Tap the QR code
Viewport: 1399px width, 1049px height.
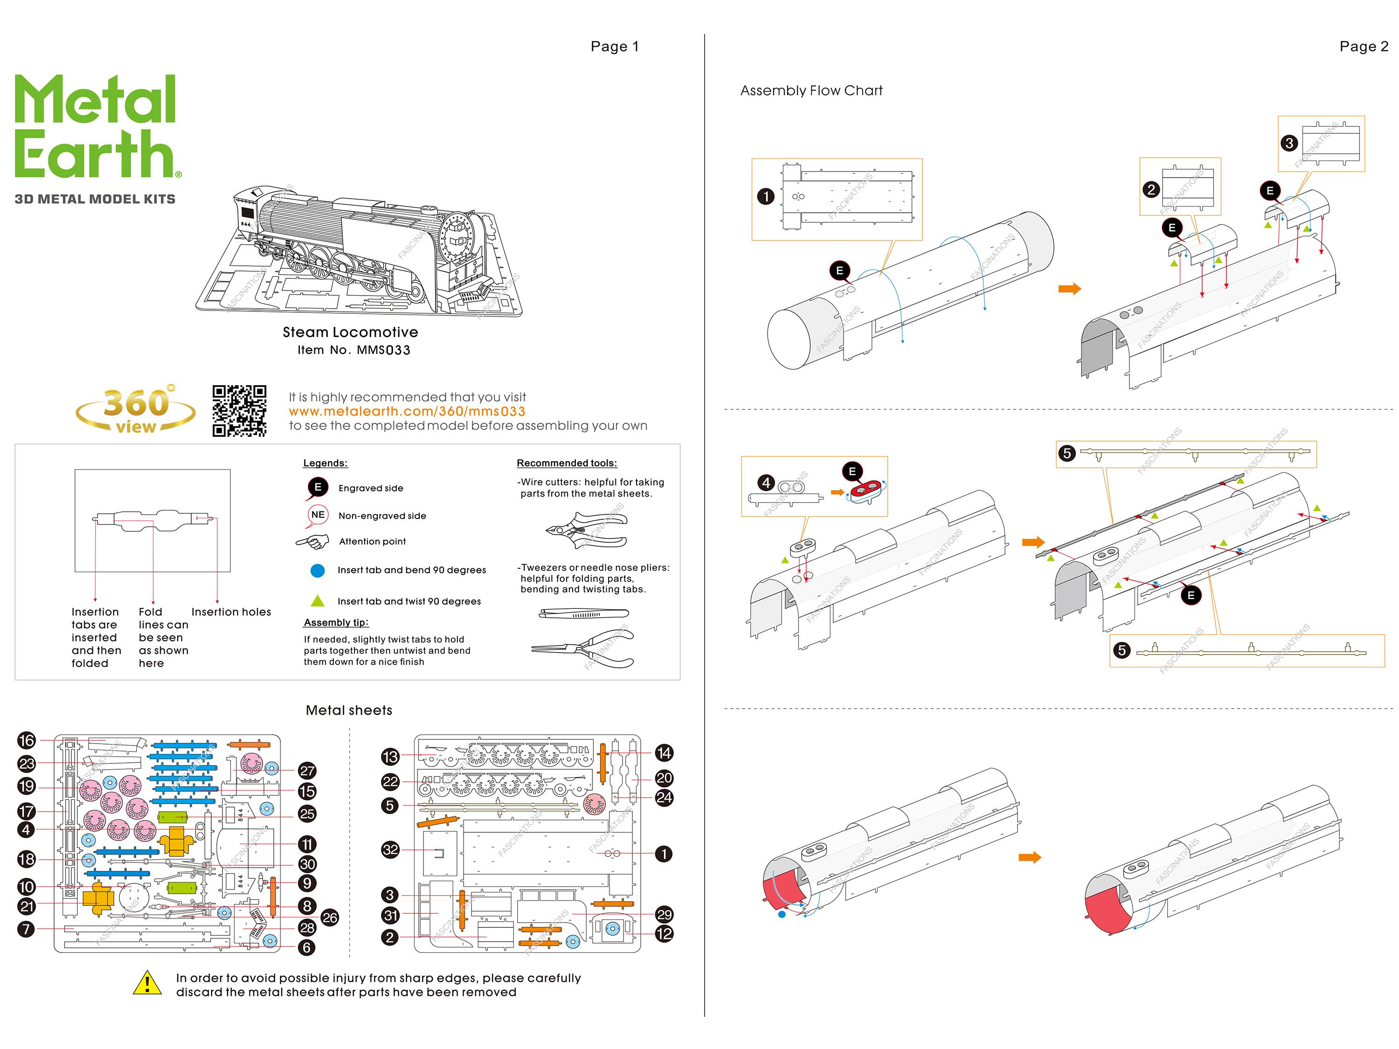coord(239,411)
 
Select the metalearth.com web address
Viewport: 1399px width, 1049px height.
coord(407,412)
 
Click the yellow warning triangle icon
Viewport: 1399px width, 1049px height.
coord(147,983)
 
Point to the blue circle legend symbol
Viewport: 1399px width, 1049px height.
coord(318,570)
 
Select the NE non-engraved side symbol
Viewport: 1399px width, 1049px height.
coord(318,515)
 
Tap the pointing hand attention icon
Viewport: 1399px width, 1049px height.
coord(313,542)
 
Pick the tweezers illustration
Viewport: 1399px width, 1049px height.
coord(583,614)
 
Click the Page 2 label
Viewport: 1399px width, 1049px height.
coord(1363,47)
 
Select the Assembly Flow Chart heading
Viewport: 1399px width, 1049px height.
coord(811,91)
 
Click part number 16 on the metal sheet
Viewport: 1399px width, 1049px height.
coord(27,740)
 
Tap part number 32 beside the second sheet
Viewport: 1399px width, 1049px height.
coord(390,850)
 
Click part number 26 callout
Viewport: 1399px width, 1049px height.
coord(330,918)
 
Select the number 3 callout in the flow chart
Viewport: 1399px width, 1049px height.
coord(1289,144)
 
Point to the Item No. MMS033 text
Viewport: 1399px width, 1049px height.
coord(353,350)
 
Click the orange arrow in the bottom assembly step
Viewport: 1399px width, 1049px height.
coord(1030,857)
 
